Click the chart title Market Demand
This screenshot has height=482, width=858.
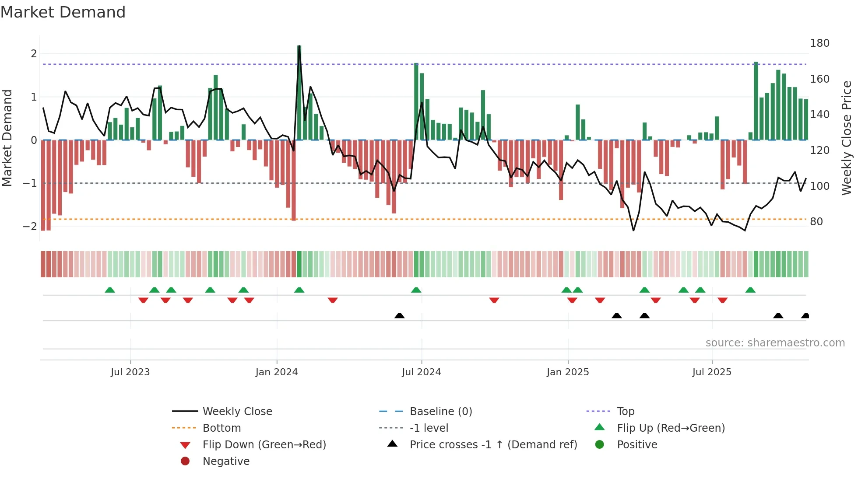point(63,12)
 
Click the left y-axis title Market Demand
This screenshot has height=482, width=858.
point(7,138)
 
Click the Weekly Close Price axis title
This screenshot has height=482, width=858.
point(847,138)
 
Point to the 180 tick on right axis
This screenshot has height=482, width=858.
point(819,43)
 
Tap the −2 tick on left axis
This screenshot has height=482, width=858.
point(30,227)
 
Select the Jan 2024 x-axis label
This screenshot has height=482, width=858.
point(277,372)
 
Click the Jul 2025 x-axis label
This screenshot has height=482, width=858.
point(712,372)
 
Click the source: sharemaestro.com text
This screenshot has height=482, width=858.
point(775,343)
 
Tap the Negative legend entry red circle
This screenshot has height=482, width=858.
point(185,461)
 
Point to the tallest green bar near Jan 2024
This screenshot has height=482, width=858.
point(299,92)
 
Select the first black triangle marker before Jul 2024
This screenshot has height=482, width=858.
point(399,315)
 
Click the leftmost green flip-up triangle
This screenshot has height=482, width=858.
point(110,290)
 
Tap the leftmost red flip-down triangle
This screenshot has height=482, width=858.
point(143,300)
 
